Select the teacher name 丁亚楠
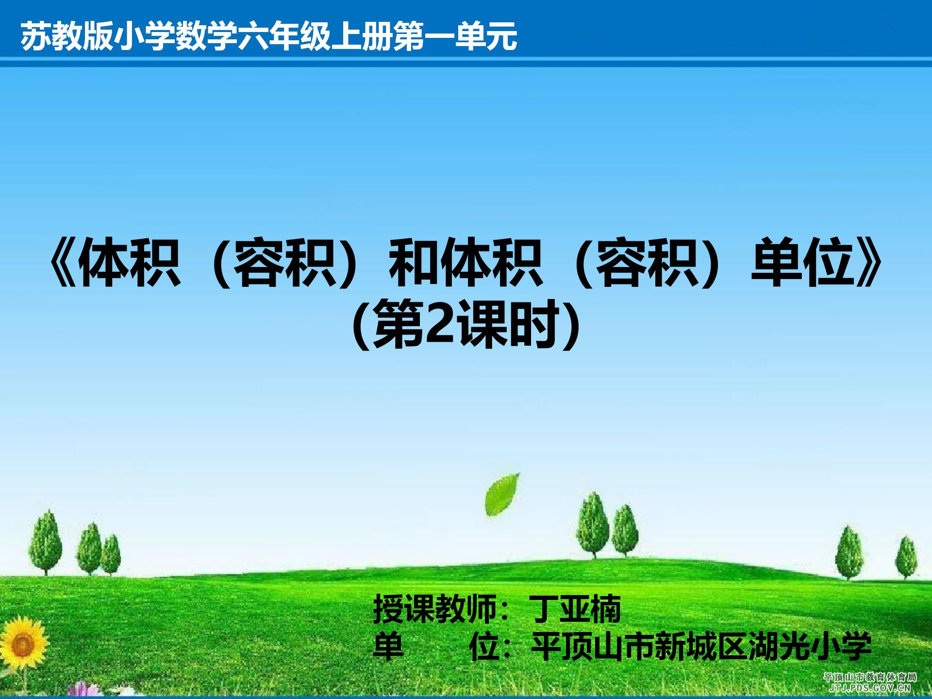[575, 609]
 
